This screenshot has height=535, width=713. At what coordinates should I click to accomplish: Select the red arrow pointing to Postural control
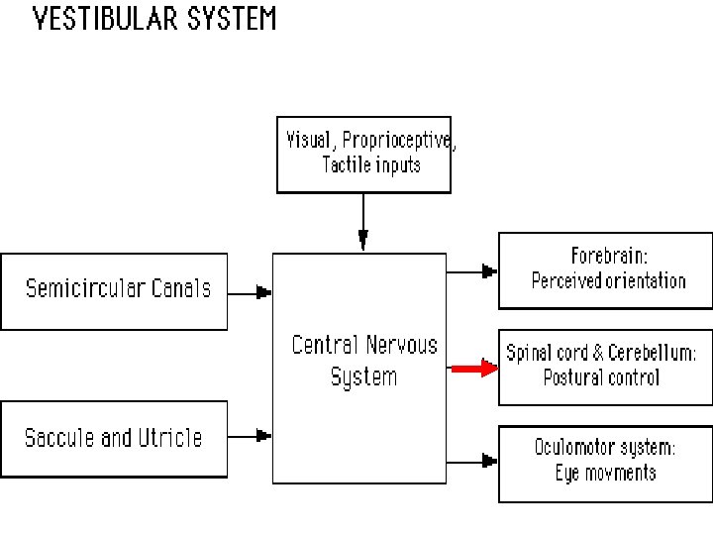tap(472, 369)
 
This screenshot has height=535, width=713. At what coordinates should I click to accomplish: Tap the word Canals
tap(181, 289)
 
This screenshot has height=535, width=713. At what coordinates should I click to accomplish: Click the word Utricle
tap(166, 438)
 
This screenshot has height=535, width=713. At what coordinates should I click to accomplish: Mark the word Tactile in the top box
tap(346, 164)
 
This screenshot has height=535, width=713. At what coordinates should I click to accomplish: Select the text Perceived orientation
tap(608, 280)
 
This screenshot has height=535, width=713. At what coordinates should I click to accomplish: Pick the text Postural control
tap(601, 377)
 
